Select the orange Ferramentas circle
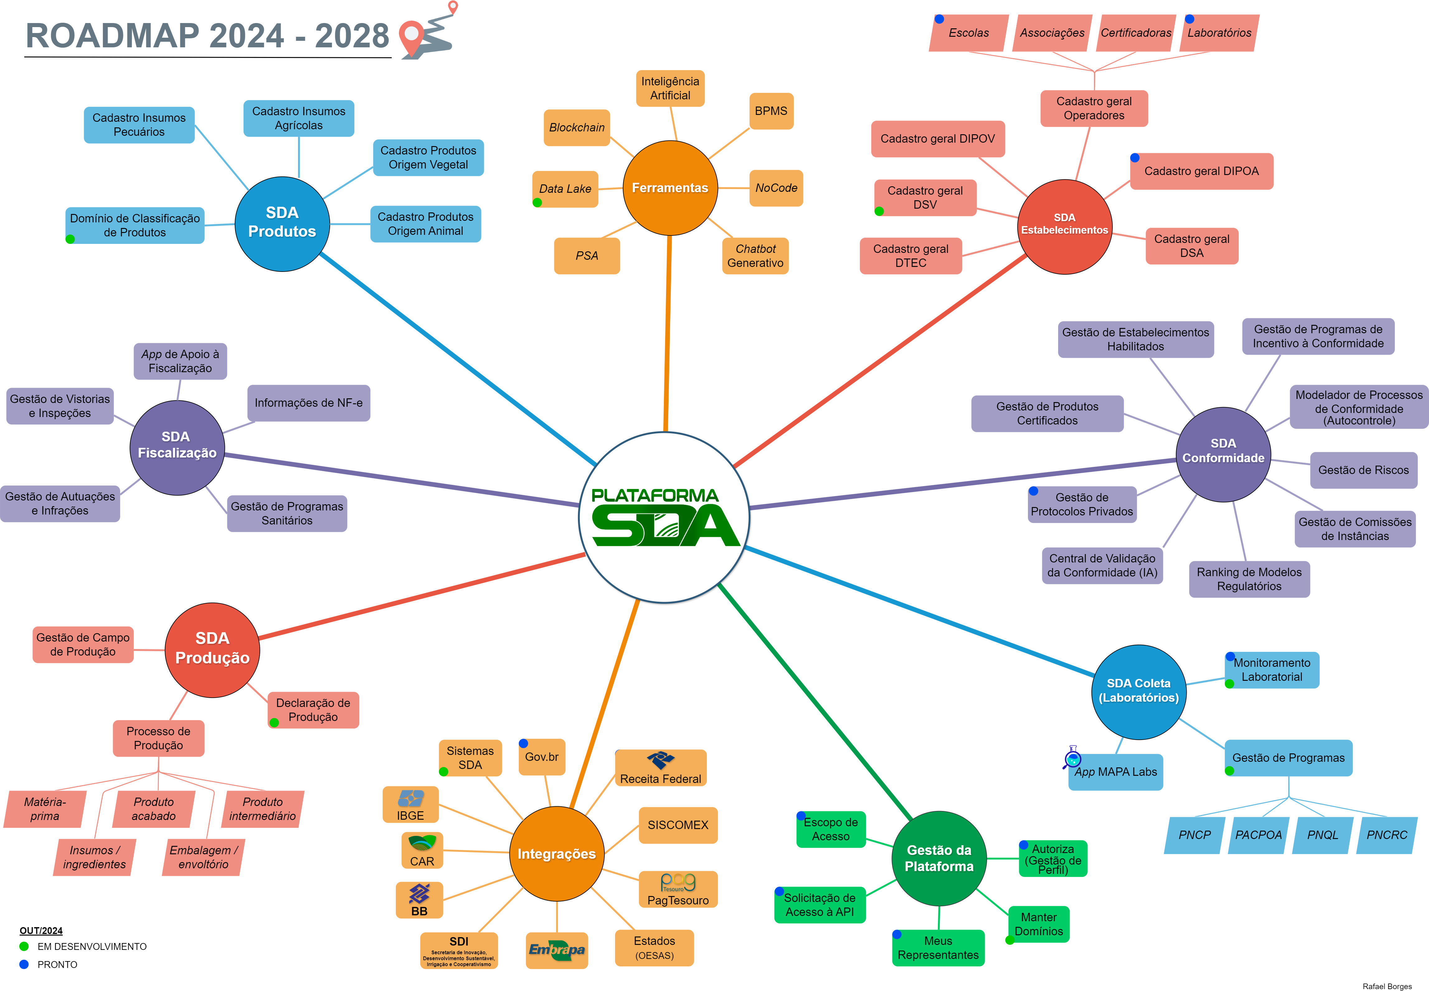[x=670, y=187]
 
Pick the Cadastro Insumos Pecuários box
[x=139, y=125]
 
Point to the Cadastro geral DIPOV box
[x=937, y=139]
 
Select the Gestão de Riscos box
[x=1363, y=470]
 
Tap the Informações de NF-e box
[x=309, y=403]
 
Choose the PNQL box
[x=1322, y=835]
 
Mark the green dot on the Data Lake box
[x=537, y=202]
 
